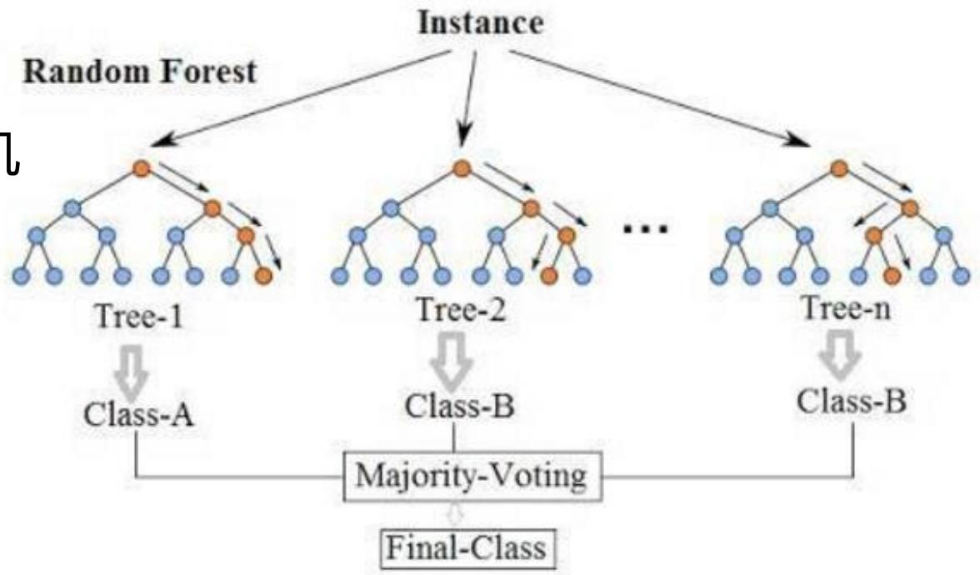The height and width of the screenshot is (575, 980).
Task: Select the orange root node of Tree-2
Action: tap(461, 168)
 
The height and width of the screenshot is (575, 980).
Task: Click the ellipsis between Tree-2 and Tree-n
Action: tap(645, 227)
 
